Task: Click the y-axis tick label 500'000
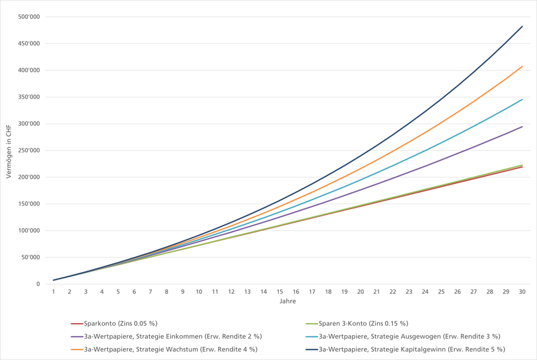[x=29, y=17]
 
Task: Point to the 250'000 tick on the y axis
[x=29, y=150]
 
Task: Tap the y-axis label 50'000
[x=30, y=258]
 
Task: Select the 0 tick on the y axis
[x=38, y=285]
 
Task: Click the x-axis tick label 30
[x=522, y=292]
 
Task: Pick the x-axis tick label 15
[x=280, y=292]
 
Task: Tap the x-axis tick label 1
[x=54, y=292]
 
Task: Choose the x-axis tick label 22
[x=393, y=292]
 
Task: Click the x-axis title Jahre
[x=288, y=301]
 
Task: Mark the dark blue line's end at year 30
[x=522, y=26]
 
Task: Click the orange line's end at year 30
[x=522, y=67]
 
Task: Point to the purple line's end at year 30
[x=522, y=127]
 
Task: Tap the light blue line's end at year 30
[x=522, y=100]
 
